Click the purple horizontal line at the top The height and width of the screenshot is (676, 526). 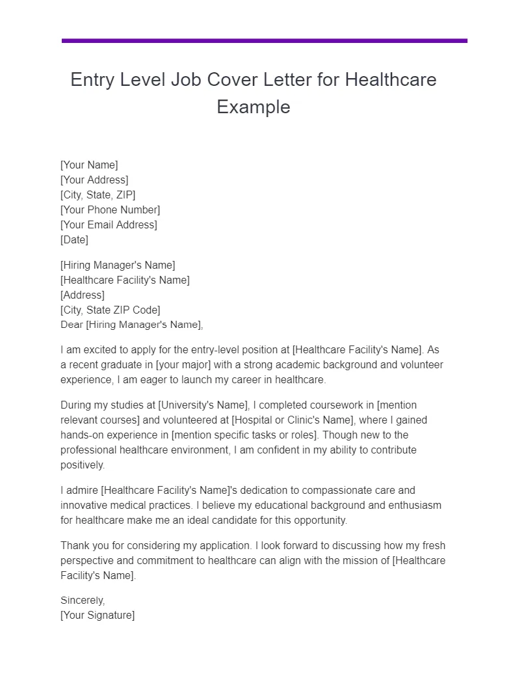click(x=264, y=41)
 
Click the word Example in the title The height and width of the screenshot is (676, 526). click(x=254, y=107)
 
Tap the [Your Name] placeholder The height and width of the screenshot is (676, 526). click(x=89, y=165)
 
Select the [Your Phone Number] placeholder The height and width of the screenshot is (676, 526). click(x=110, y=210)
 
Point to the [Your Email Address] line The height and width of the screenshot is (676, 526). click(x=109, y=225)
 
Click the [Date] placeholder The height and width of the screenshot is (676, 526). click(x=74, y=240)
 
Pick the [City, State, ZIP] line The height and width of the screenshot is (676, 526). click(x=98, y=195)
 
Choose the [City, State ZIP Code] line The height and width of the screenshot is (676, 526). click(x=110, y=310)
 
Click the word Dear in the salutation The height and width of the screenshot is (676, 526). click(x=72, y=325)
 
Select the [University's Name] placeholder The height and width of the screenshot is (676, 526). click(x=209, y=405)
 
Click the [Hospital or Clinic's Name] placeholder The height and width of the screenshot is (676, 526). click(x=296, y=420)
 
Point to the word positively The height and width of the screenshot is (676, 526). click(x=83, y=465)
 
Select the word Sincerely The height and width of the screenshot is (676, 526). click(x=83, y=601)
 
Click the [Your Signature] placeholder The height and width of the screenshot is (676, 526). click(x=98, y=615)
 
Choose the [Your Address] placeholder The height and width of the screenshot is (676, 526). click(x=94, y=180)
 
